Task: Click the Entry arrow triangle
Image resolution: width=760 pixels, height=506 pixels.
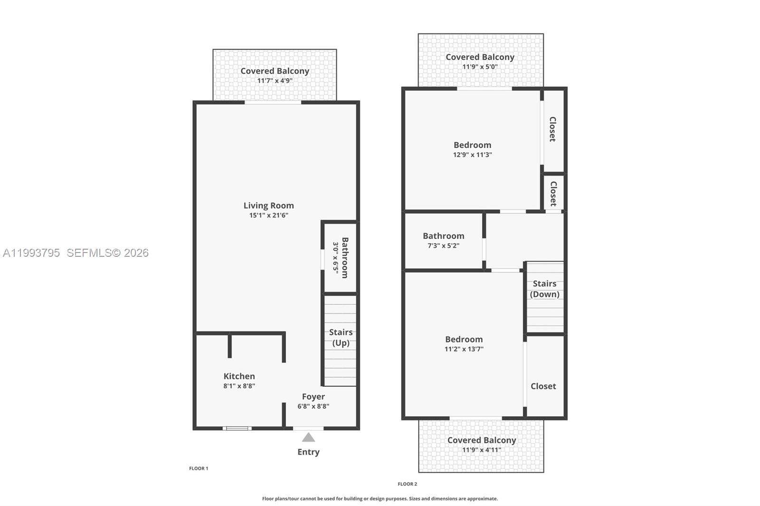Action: click(308, 437)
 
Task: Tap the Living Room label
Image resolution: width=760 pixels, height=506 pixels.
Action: click(268, 206)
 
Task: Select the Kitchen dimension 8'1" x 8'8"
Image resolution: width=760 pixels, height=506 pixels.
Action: click(239, 386)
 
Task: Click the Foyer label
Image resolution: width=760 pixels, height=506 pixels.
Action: click(313, 396)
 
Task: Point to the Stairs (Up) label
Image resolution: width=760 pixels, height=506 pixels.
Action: click(341, 337)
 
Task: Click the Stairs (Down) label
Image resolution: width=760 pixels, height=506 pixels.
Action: click(544, 289)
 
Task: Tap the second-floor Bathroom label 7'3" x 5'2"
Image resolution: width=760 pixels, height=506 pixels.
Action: click(443, 236)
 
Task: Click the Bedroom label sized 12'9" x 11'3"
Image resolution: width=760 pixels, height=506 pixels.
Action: click(472, 145)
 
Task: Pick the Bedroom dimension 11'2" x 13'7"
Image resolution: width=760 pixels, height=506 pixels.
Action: click(464, 349)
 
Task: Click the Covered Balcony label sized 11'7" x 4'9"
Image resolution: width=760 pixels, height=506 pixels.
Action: click(275, 71)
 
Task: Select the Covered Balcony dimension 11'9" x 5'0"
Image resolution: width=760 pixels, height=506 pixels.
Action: click(480, 67)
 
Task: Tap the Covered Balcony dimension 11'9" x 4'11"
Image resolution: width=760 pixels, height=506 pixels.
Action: click(481, 450)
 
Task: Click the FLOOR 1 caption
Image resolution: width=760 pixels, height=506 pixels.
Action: click(199, 469)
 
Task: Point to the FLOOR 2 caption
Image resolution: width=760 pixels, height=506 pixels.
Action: click(407, 484)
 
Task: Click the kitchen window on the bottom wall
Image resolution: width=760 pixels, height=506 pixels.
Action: click(237, 428)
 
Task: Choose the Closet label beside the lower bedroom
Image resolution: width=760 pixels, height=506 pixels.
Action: click(543, 386)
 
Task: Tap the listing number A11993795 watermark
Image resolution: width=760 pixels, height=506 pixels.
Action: click(31, 253)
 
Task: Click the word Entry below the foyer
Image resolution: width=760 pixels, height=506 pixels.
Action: click(308, 452)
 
